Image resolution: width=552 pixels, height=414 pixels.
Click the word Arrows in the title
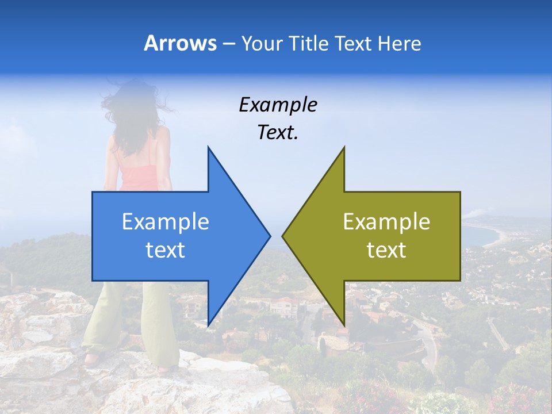tap(180, 43)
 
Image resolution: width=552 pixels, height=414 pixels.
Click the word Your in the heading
tap(262, 43)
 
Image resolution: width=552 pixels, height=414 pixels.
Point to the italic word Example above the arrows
tap(278, 105)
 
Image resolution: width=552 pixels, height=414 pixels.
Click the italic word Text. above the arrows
tap(278, 133)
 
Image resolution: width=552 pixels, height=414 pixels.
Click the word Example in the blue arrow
tap(166, 222)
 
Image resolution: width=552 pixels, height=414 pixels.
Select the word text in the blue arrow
tap(166, 250)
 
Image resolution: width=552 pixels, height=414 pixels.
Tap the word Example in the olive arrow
tap(386, 222)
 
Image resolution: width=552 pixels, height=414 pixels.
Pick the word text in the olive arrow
tap(386, 250)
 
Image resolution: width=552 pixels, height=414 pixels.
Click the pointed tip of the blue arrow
tap(269, 236)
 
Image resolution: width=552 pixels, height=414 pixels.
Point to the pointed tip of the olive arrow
tap(283, 236)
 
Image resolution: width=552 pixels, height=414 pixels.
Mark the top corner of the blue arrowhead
tap(208, 147)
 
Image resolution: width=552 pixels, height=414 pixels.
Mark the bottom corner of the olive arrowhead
tap(344, 325)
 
